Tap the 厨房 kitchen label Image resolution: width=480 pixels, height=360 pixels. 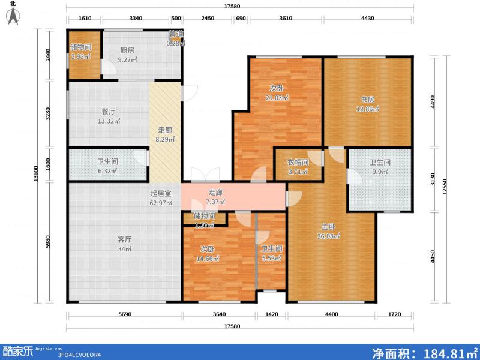click(x=127, y=51)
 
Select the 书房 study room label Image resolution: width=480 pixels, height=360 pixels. click(x=367, y=100)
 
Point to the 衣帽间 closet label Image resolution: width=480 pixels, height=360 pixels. click(x=297, y=162)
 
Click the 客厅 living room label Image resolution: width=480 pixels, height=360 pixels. click(x=124, y=239)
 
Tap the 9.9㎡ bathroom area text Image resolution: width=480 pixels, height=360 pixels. click(x=379, y=172)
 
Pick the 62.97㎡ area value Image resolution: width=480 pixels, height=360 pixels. click(x=161, y=203)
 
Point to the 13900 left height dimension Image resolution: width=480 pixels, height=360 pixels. click(x=38, y=175)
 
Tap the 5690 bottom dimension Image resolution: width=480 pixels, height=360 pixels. click(x=124, y=315)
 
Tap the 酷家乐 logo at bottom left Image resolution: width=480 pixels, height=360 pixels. click(x=18, y=352)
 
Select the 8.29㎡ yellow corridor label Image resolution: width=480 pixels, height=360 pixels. click(x=166, y=139)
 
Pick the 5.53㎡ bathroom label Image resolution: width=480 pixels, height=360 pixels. click(x=271, y=259)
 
